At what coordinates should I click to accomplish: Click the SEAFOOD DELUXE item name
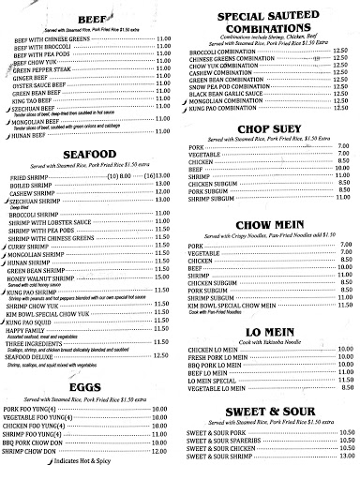(x=37, y=354)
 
